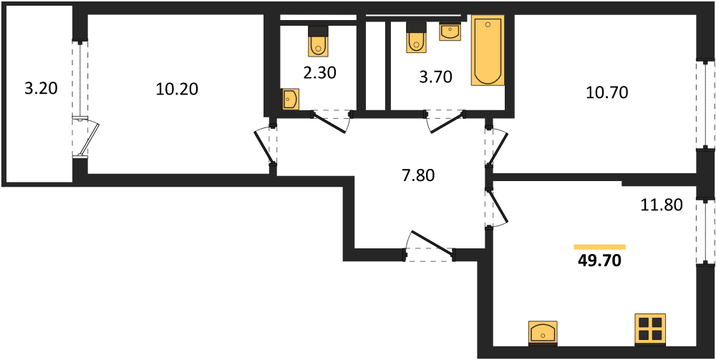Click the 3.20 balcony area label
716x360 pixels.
coord(41,89)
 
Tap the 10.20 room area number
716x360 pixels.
coord(177,89)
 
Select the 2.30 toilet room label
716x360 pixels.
coord(319,73)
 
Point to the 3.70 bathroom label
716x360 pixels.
coord(435,77)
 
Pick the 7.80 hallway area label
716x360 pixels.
coord(417,175)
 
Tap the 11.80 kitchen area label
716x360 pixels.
coord(661,206)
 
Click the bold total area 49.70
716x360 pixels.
coord(599,261)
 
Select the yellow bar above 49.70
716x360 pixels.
coord(599,247)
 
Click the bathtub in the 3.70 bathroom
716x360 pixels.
coord(488,51)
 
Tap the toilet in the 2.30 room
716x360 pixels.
coord(319,41)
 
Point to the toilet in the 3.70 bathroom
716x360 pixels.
coord(416,39)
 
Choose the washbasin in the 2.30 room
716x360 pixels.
coord(289,99)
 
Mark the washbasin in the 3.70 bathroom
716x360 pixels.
coord(450,32)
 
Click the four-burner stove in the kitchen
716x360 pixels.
coord(650,329)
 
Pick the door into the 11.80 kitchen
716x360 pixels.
coord(497,208)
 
